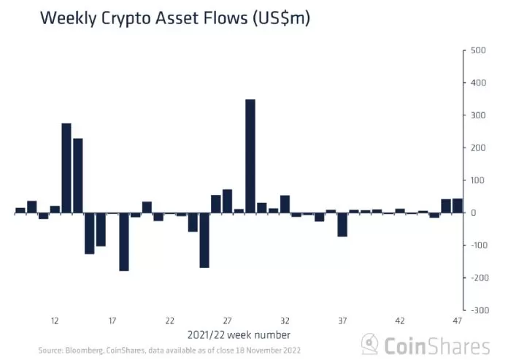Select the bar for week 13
[66, 168]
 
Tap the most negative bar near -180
[124, 242]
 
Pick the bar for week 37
[342, 225]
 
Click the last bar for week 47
[458, 206]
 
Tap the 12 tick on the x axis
[55, 321]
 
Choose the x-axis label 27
[227, 321]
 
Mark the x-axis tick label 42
[400, 321]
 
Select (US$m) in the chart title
[281, 19]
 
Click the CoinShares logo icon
[373, 344]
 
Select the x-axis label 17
[112, 321]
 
